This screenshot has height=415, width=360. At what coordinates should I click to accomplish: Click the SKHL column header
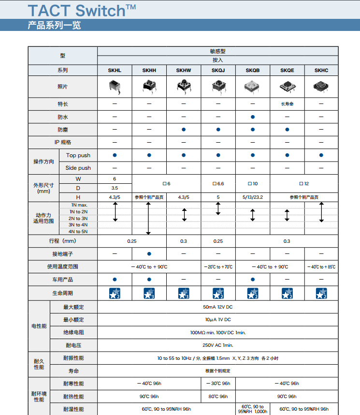click(115, 71)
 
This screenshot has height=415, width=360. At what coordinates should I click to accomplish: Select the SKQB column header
click(252, 71)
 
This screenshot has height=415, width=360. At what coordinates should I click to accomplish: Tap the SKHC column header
click(321, 71)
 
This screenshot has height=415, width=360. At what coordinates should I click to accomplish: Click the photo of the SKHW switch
click(184, 87)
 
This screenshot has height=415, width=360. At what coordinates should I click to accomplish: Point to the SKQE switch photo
click(287, 87)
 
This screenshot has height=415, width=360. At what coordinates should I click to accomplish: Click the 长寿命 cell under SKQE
click(287, 104)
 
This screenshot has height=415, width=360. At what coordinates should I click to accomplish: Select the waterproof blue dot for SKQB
click(253, 117)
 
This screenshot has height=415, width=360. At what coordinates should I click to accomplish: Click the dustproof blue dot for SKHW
click(184, 130)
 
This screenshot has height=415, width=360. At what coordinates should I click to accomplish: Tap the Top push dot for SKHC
click(321, 155)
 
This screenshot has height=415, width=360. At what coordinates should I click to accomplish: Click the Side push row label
click(78, 168)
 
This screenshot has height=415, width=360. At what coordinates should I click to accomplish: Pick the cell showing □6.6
click(218, 184)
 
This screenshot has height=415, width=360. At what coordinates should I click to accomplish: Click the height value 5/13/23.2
click(253, 197)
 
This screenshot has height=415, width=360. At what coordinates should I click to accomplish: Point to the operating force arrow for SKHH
click(149, 219)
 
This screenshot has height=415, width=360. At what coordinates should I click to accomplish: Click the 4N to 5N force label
click(78, 231)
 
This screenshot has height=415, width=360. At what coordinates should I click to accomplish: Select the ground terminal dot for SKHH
click(149, 253)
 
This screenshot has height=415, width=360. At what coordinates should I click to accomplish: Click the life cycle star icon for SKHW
click(184, 293)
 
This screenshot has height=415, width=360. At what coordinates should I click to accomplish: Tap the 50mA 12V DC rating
click(217, 307)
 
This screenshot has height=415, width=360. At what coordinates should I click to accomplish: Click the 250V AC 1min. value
click(217, 345)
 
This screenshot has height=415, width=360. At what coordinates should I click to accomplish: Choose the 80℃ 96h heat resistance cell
click(218, 397)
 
